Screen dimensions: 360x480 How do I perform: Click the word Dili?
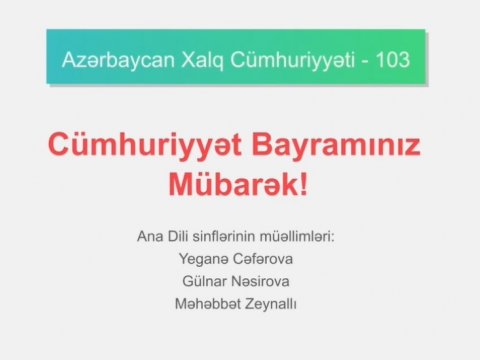point(181,236)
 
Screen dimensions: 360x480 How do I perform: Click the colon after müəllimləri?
point(342,238)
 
